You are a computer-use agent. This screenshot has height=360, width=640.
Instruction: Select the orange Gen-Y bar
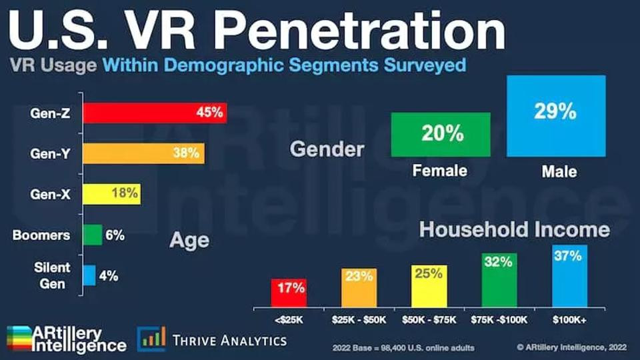click(143, 153)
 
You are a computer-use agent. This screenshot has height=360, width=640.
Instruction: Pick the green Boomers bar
click(93, 235)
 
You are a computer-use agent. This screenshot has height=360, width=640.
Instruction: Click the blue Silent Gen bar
click(89, 275)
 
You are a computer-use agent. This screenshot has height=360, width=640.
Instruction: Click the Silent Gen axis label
click(53, 275)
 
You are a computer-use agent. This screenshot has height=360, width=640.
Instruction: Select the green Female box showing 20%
click(441, 135)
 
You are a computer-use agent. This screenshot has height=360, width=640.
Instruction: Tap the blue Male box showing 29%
click(555, 115)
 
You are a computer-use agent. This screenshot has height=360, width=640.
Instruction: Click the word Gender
click(327, 149)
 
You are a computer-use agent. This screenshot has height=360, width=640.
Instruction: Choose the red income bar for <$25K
click(288, 293)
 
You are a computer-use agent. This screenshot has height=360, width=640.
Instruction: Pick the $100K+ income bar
click(569, 276)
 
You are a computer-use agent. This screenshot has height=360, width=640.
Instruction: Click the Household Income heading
click(513, 230)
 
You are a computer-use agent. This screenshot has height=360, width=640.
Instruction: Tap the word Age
click(190, 240)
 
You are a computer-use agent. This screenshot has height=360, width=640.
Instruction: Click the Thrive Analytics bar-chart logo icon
click(151, 339)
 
